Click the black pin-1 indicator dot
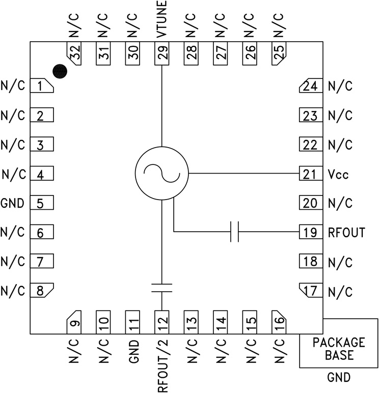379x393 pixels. (60, 72)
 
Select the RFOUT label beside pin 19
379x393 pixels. (346, 233)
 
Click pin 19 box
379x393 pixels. (310, 233)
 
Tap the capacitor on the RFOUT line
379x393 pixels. (234, 232)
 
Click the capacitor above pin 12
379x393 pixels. (161, 288)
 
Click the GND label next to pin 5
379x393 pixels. (13, 204)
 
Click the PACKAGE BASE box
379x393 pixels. (338, 348)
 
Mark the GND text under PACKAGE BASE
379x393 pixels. (339, 378)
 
